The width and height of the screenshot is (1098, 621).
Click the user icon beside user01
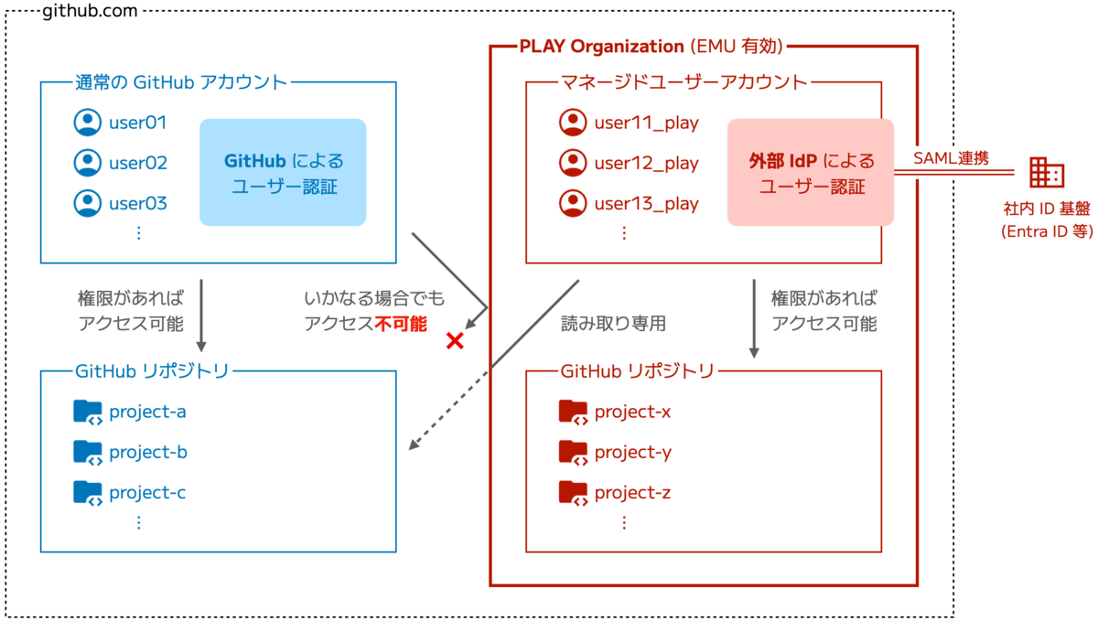pyautogui.click(x=87, y=123)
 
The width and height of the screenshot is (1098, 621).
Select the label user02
pyautogui.click(x=138, y=164)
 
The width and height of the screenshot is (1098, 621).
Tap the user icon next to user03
pyautogui.click(x=87, y=203)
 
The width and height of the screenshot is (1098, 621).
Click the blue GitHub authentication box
pyautogui.click(x=283, y=173)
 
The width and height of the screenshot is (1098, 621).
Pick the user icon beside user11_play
pyautogui.click(x=573, y=123)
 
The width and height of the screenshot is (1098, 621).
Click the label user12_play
pyautogui.click(x=646, y=164)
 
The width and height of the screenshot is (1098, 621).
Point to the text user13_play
pyautogui.click(x=646, y=204)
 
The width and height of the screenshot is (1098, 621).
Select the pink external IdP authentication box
pyautogui.click(x=811, y=173)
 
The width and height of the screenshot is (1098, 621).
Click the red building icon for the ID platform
pyautogui.click(x=1047, y=172)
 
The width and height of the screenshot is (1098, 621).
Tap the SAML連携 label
pyautogui.click(x=952, y=158)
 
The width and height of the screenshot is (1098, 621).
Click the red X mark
pyautogui.click(x=454, y=341)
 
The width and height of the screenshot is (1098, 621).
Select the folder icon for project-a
pyautogui.click(x=88, y=412)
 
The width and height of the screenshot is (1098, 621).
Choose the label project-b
pyautogui.click(x=148, y=453)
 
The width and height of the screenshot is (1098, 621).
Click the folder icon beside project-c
pyautogui.click(x=88, y=493)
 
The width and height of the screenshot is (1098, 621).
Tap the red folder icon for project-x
pyautogui.click(x=573, y=412)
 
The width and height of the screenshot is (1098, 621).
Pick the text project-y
pyautogui.click(x=633, y=453)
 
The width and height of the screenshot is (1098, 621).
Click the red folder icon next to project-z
pyautogui.click(x=573, y=493)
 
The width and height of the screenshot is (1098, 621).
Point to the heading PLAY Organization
pyautogui.click(x=601, y=46)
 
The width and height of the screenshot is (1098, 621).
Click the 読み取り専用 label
pyautogui.click(x=614, y=323)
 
